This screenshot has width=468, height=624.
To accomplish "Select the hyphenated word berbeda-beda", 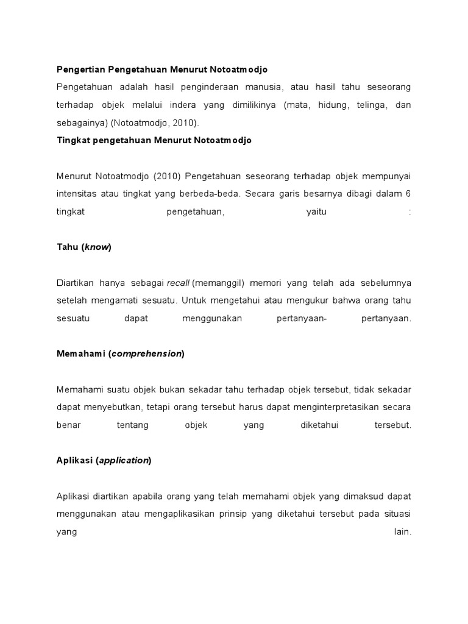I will click(217, 194).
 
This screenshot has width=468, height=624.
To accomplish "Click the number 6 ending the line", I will click(408, 194).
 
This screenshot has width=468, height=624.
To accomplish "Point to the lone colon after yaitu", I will click(410, 211).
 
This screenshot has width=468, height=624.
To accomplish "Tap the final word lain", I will click(403, 531).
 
